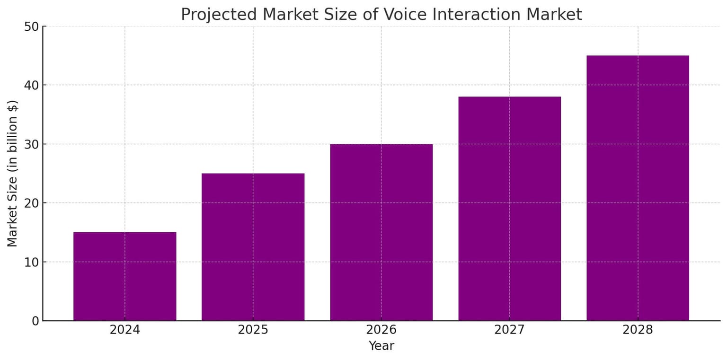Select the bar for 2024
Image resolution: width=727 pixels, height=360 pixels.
point(125,276)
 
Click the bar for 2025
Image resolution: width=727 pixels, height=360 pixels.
point(253,247)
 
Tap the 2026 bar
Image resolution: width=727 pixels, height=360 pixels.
point(381,232)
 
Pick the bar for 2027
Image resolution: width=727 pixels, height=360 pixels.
point(509,209)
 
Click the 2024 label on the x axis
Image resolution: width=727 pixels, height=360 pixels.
point(125,330)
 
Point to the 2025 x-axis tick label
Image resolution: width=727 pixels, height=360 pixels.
point(253,330)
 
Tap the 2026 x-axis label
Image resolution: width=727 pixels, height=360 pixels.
point(381,330)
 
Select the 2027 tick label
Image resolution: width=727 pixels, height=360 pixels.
point(509,330)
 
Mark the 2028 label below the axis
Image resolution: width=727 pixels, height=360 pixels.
point(638,330)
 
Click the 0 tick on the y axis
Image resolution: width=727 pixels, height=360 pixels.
point(35,321)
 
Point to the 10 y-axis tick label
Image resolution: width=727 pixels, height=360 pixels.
point(32,262)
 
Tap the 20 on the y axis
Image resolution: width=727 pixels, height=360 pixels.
point(32,203)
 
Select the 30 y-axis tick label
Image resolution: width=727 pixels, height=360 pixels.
point(32,144)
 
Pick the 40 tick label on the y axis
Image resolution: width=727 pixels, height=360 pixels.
point(32,85)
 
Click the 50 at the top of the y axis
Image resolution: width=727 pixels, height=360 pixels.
point(32,26)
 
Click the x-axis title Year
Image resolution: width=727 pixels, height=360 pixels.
point(381,346)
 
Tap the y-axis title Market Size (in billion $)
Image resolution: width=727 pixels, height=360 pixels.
point(12,173)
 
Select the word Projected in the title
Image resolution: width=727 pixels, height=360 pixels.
point(219,15)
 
